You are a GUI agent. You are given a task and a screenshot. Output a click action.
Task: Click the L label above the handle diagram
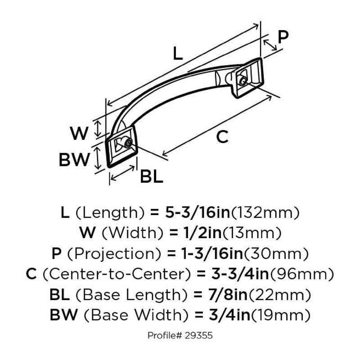point(178,54)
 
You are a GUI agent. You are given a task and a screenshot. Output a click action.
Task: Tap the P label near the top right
point(283,37)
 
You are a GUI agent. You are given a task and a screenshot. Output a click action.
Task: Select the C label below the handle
point(222,137)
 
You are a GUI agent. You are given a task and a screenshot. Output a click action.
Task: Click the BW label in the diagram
point(75,159)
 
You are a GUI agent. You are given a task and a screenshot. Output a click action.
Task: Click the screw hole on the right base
point(243,81)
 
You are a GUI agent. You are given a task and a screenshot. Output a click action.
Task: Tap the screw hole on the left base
point(128,144)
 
